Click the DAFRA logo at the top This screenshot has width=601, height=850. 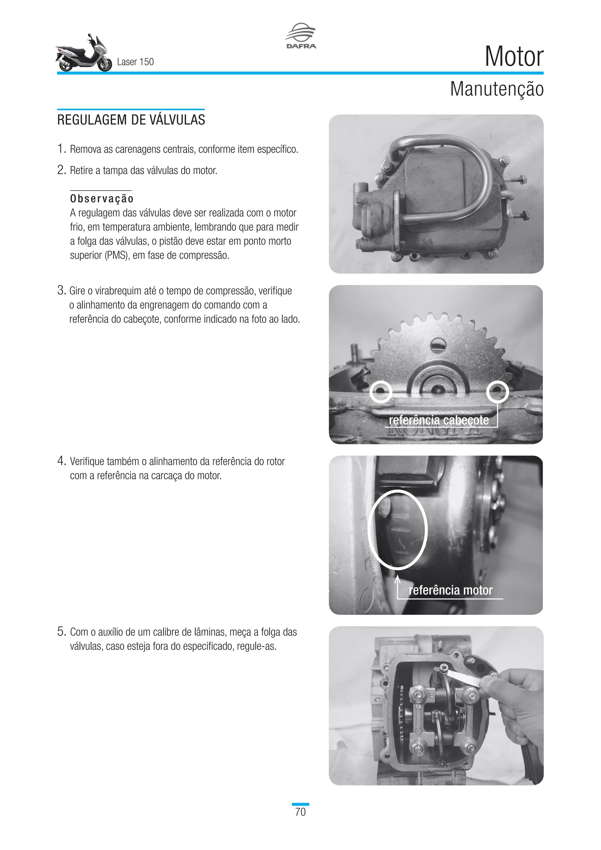[x=300, y=36]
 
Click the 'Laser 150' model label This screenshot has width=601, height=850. [x=135, y=62]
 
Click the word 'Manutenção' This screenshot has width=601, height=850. [x=496, y=89]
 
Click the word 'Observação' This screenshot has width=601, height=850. [x=102, y=199]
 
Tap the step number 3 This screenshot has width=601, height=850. [x=61, y=291]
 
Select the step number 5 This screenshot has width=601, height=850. [x=61, y=632]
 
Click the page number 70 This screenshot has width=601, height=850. [x=300, y=812]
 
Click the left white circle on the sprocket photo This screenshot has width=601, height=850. [x=381, y=391]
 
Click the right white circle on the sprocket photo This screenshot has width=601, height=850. [x=497, y=391]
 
